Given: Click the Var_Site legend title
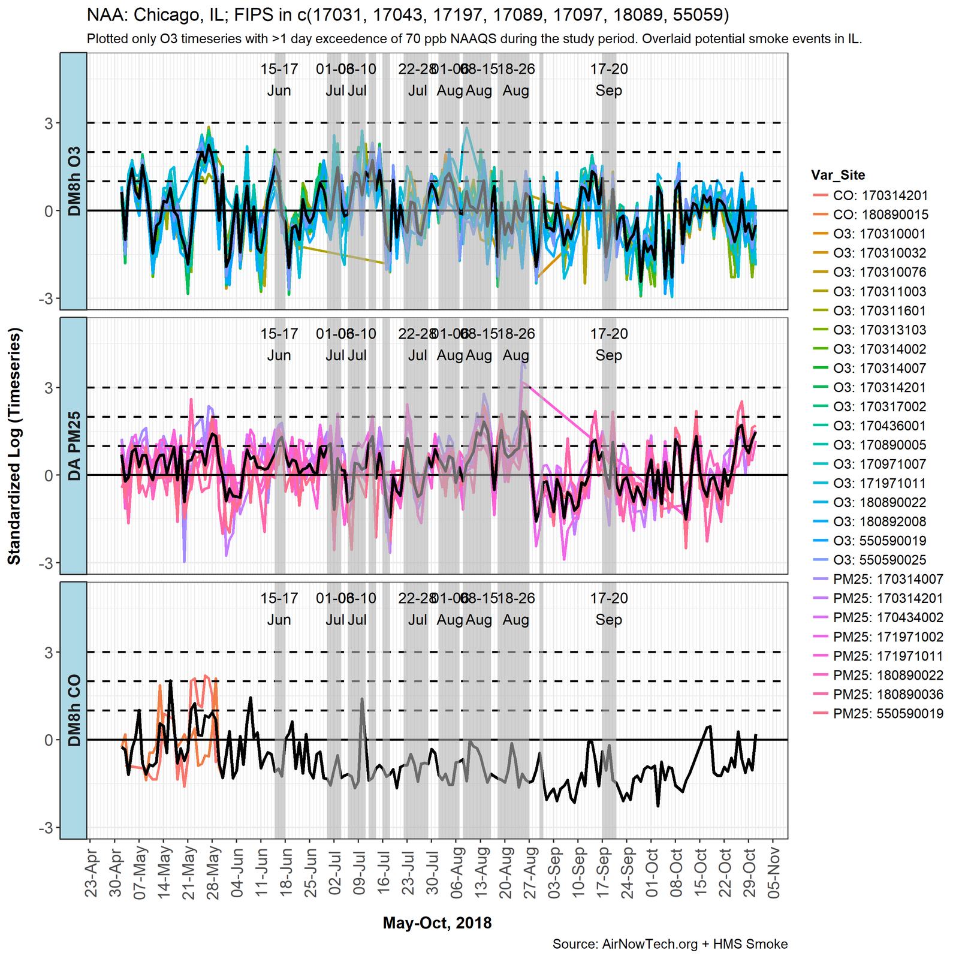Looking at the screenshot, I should (x=837, y=175).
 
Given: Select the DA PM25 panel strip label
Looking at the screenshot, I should (x=74, y=446).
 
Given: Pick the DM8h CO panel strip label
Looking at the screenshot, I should (x=74, y=710).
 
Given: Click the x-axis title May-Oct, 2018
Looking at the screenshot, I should (x=437, y=923).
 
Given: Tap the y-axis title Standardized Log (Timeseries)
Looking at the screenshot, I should (x=14, y=446).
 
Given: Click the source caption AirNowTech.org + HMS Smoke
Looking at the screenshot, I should (x=670, y=945).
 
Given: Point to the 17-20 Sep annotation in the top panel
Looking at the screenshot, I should (x=609, y=80).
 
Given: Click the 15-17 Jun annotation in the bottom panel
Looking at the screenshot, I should (x=279, y=609).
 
